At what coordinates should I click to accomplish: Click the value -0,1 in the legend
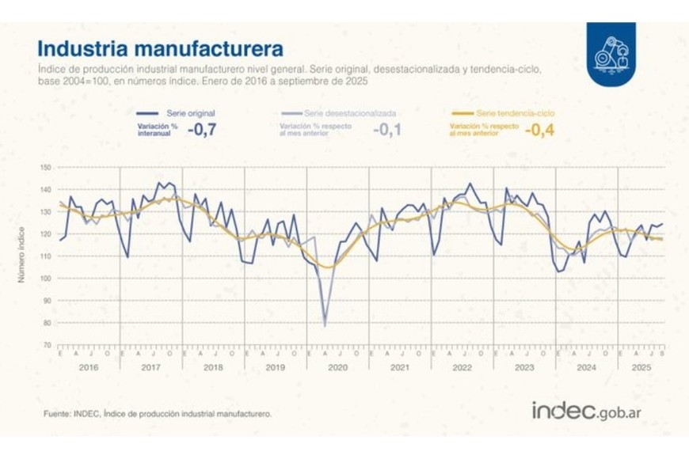tap(386, 130)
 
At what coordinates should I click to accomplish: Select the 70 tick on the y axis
tap(47, 345)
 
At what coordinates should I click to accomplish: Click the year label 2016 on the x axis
tap(88, 369)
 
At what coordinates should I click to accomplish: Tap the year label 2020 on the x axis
tap(337, 369)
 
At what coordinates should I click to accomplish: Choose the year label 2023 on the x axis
tap(524, 369)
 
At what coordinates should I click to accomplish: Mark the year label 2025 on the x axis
tap(641, 369)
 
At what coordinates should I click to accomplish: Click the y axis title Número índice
tap(23, 256)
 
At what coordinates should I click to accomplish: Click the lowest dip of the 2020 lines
tap(325, 324)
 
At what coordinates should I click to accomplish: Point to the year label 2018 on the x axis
tap(213, 369)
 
